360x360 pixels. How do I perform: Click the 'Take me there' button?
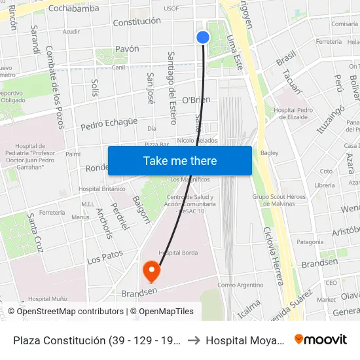(x=179, y=161)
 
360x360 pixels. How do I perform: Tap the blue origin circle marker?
(x=203, y=37)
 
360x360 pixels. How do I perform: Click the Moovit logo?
(x=320, y=339)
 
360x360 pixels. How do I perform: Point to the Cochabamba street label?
(x=74, y=9)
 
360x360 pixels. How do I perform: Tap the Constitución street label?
(x=137, y=22)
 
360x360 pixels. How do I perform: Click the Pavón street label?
(x=127, y=48)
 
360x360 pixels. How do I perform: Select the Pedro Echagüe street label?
(x=109, y=121)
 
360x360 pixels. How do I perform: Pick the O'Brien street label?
(x=196, y=99)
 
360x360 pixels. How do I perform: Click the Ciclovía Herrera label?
(x=274, y=256)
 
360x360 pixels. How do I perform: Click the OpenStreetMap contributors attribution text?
(x=70, y=312)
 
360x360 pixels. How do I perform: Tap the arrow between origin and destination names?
(x=194, y=340)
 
